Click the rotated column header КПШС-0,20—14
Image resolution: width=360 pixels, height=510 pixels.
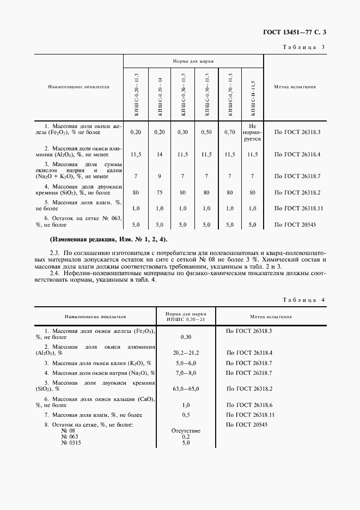tap(160, 94)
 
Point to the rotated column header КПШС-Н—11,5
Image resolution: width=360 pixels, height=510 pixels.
tap(253, 94)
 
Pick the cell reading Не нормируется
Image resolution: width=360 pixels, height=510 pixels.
tap(252, 132)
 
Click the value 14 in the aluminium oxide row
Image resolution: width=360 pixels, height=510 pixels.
tap(160, 155)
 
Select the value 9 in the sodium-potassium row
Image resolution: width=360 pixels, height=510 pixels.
tap(160, 176)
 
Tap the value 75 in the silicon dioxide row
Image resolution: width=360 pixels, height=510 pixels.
tap(160, 192)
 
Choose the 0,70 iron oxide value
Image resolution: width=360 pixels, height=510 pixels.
tap(229, 132)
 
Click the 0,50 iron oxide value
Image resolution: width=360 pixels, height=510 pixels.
tap(206, 132)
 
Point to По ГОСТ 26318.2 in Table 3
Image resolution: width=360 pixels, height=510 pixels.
tap(297, 192)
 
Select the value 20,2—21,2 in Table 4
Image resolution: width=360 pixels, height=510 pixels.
tap(186, 353)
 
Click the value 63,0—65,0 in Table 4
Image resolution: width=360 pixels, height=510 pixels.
tap(186, 389)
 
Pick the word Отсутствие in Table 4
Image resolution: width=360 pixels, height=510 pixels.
tap(186, 431)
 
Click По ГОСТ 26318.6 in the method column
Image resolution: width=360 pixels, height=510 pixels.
tap(251, 405)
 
